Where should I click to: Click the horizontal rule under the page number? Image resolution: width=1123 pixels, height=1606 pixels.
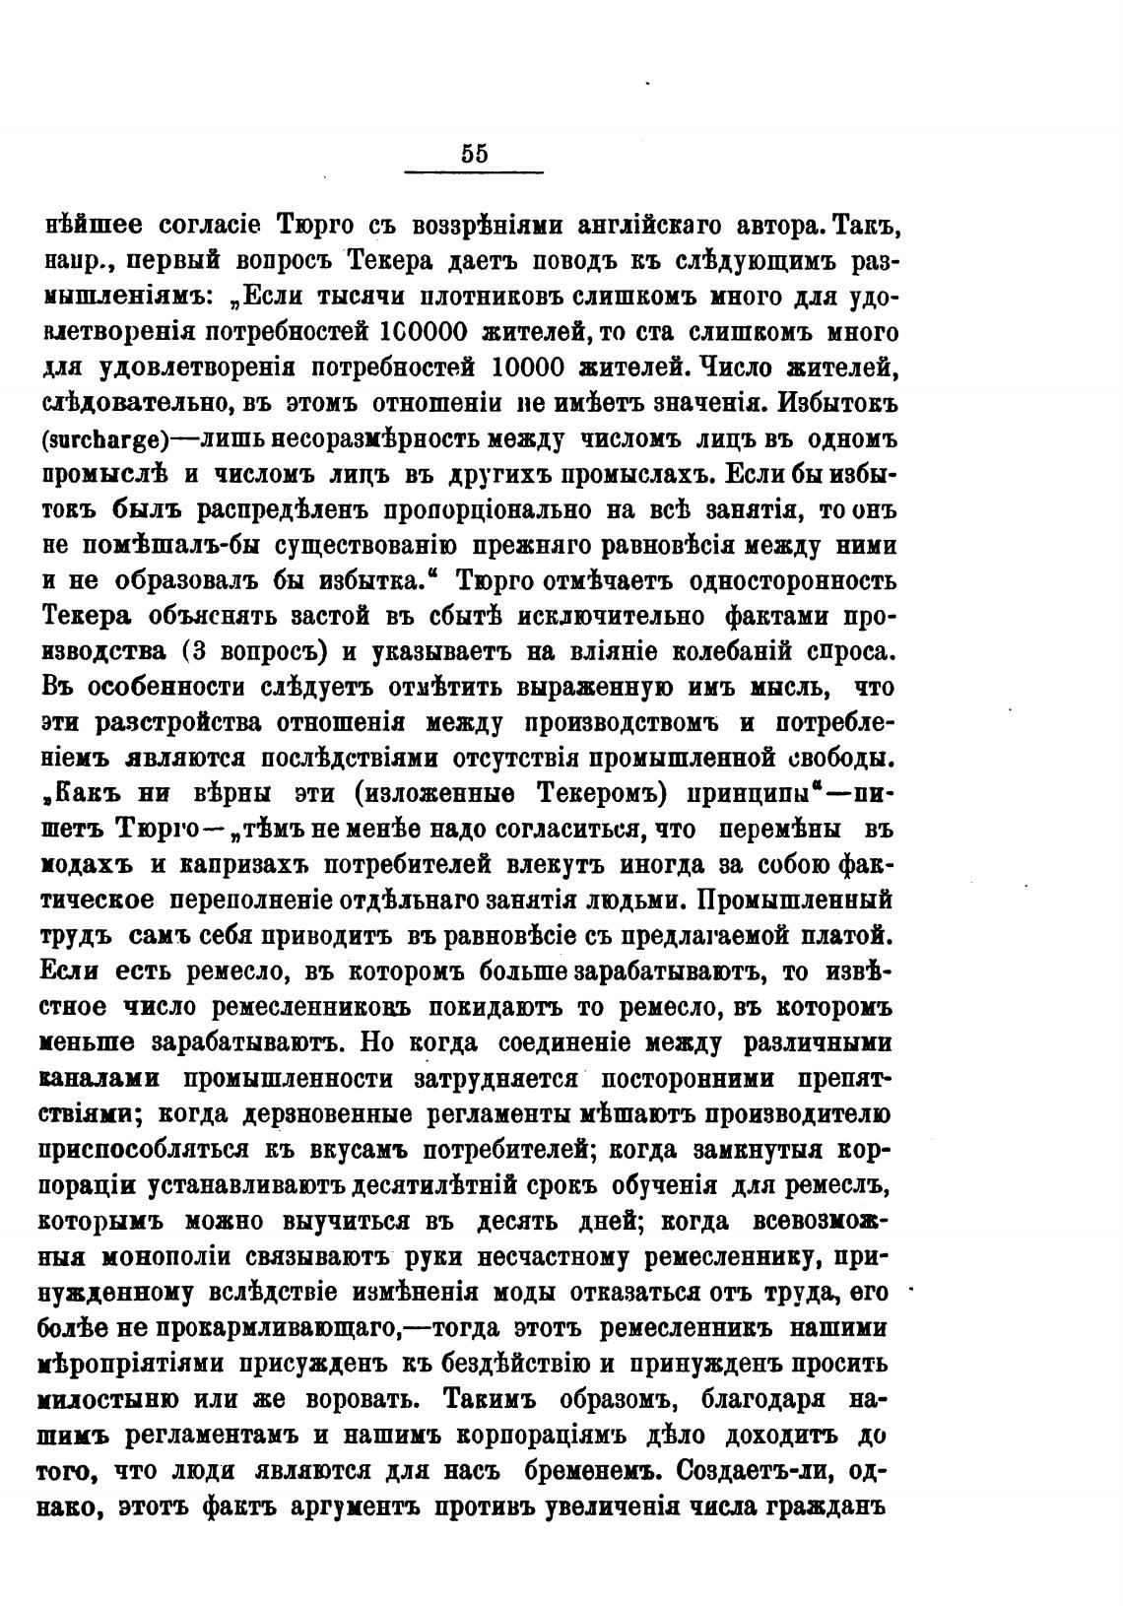[x=474, y=174]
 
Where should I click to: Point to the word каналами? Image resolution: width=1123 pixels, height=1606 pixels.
[x=100, y=1079]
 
